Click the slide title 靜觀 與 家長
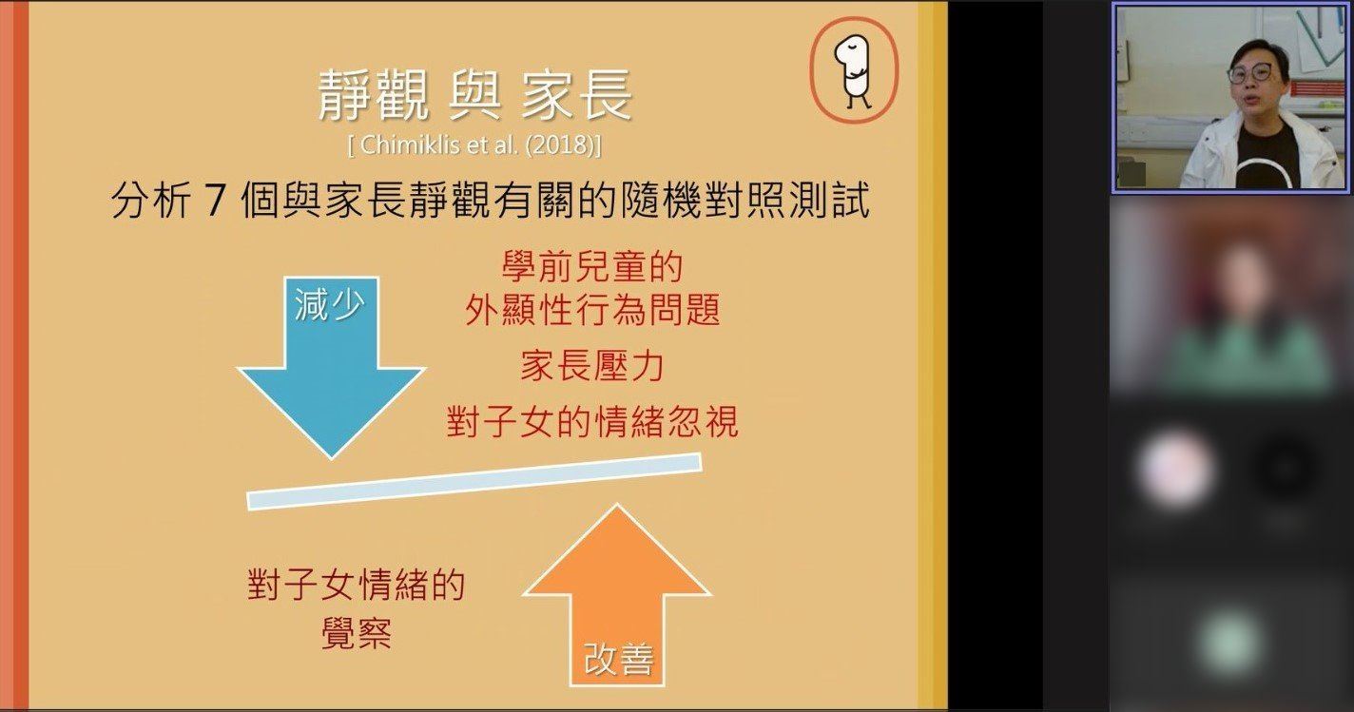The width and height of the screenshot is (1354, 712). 475,95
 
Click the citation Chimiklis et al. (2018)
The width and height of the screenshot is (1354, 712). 474,145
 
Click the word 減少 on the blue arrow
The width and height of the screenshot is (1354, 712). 329,303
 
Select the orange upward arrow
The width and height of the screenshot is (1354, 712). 616,595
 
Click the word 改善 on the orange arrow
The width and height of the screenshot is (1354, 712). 618,660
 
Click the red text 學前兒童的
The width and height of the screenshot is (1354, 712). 592,266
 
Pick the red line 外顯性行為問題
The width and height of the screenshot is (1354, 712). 592,310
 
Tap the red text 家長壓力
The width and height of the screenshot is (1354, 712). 592,366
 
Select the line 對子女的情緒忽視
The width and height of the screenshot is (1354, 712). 592,421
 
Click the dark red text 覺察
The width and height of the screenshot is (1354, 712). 357,633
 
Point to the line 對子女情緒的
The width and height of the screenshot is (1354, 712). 357,585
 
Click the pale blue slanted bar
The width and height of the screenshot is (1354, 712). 474,482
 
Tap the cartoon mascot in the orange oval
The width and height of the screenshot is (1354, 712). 854,71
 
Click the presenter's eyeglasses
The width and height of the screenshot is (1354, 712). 1250,73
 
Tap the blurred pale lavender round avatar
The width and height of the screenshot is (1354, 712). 1175,470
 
